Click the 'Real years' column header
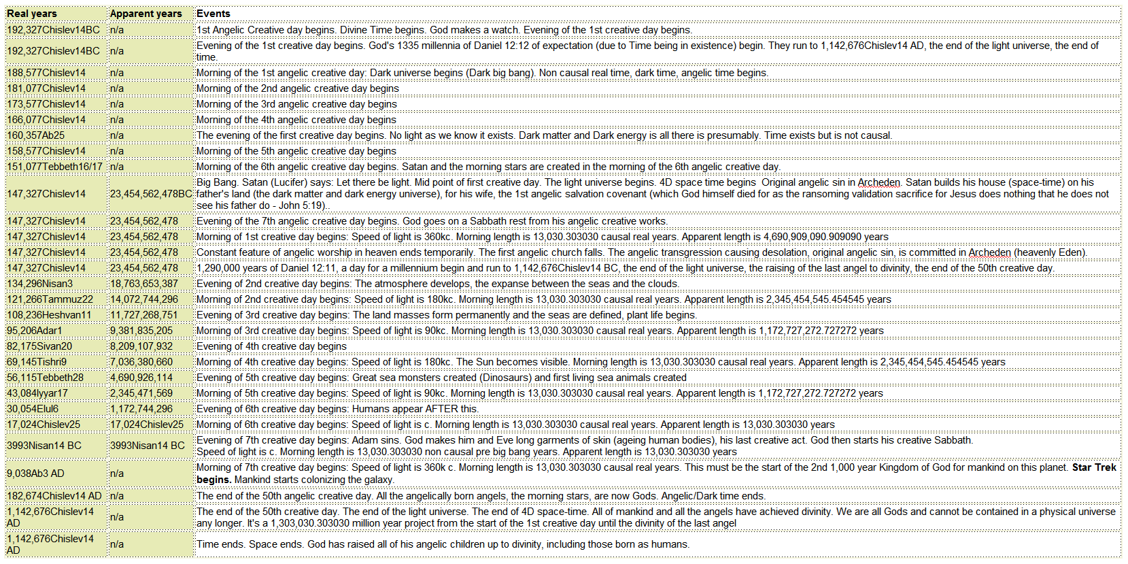pyautogui.click(x=32, y=14)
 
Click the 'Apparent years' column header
pyautogui.click(x=146, y=14)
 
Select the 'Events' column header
pyautogui.click(x=213, y=14)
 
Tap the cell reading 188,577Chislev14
pyautogui.click(x=46, y=73)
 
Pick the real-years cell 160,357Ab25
pyautogui.click(x=36, y=135)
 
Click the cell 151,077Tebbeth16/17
pyautogui.click(x=54, y=167)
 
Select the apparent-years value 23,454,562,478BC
pyautogui.click(x=151, y=194)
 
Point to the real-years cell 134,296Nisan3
pyautogui.click(x=39, y=284)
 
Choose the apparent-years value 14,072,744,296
pyautogui.click(x=144, y=299)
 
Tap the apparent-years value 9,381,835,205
pyautogui.click(x=141, y=331)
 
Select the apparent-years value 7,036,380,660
pyautogui.click(x=141, y=362)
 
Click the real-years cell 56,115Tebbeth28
pyautogui.click(x=45, y=378)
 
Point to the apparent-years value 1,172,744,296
pyautogui.click(x=141, y=409)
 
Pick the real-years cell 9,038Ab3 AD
pyautogui.click(x=35, y=474)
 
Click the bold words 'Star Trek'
pyautogui.click(x=1094, y=467)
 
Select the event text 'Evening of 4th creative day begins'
pyautogui.click(x=271, y=346)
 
